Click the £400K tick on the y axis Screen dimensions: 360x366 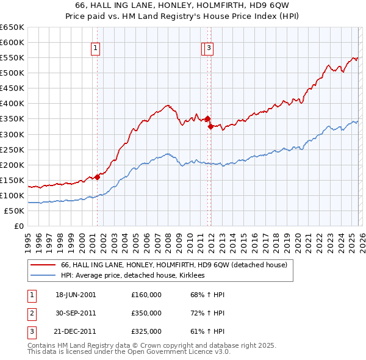[x=12, y=103]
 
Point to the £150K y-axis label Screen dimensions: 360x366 [x=12, y=180]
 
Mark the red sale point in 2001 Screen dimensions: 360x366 [x=97, y=177]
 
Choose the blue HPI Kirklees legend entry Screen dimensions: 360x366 [x=132, y=276]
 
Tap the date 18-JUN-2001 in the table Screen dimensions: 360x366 [x=76, y=295]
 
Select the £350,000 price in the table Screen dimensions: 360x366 [x=146, y=313]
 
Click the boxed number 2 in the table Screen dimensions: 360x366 [x=31, y=313]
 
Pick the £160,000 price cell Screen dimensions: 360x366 [x=146, y=295]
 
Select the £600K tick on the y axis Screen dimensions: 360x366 [x=12, y=42]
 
